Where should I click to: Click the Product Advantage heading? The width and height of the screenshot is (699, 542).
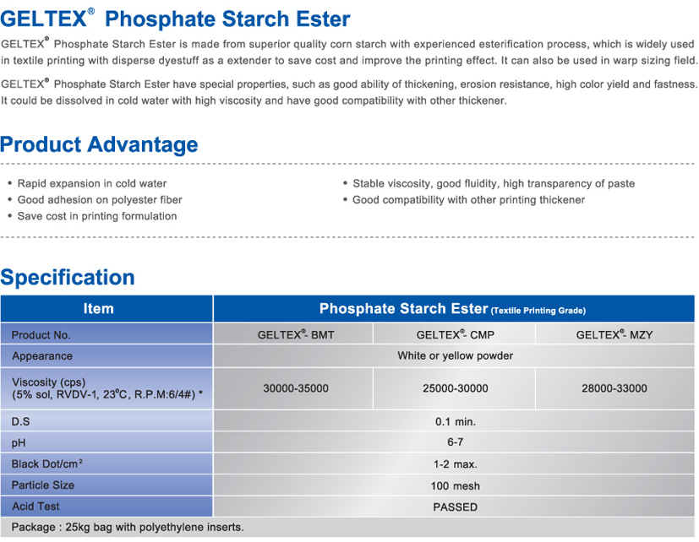point(99,144)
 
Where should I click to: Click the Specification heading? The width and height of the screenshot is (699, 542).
point(68,277)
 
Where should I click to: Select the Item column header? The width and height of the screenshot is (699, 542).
point(99,309)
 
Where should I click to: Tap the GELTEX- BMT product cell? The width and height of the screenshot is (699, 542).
point(296,335)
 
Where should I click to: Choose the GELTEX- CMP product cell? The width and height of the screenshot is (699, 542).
point(455,335)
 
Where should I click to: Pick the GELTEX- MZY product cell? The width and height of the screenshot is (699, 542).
point(614,335)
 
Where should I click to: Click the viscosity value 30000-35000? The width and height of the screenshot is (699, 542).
point(296,388)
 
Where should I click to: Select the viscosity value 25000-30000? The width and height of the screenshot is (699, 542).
point(455,388)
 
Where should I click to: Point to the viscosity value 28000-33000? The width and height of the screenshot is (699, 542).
point(614,388)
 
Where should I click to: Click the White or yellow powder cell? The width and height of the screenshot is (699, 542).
point(455,356)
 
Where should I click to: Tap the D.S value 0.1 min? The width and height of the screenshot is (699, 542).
point(455,421)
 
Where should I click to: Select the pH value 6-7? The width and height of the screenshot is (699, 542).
point(455,442)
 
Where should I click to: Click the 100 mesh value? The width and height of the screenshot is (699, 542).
point(455,485)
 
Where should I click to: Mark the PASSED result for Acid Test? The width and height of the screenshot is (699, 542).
point(455,507)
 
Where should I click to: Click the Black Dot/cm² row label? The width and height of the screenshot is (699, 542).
point(52,463)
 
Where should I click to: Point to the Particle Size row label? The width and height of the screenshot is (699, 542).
point(43,485)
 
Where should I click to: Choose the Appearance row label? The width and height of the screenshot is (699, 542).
point(42,356)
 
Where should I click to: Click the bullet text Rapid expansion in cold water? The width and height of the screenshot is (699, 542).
point(92,183)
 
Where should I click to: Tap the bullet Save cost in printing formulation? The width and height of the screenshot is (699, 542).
point(97,216)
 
